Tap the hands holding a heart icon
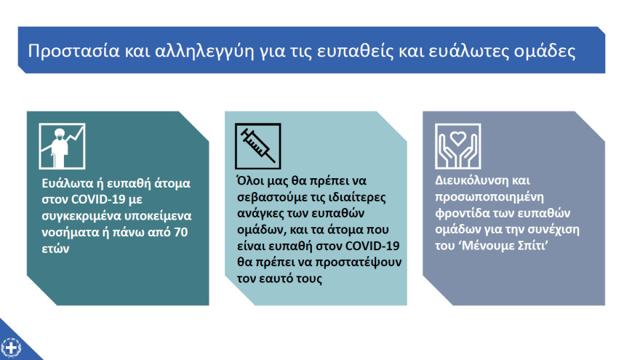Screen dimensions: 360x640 click(457, 145)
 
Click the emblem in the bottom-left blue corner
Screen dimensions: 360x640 click(11, 347)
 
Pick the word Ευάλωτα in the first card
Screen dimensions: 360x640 click(64, 183)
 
